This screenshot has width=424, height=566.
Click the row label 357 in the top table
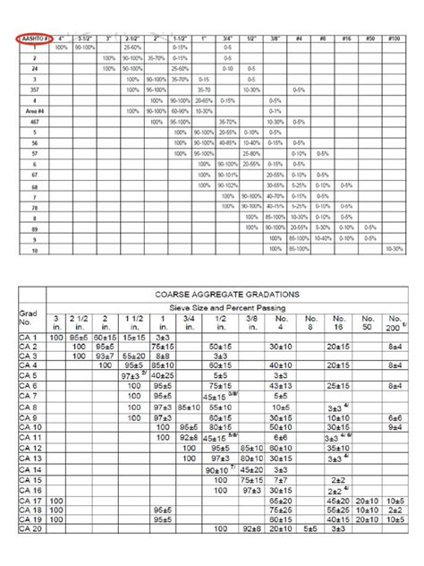click(x=34, y=90)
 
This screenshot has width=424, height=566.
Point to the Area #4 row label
click(x=34, y=111)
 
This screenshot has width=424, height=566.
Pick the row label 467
click(x=34, y=121)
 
